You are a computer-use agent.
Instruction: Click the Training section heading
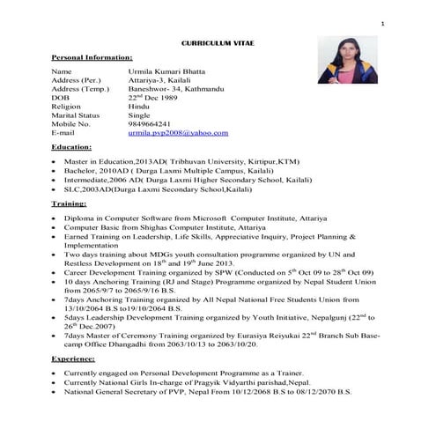point(70,203)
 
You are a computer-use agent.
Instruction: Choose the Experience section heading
point(73,359)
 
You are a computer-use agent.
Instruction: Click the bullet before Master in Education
point(55,162)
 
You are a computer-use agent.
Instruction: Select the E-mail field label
point(63,132)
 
